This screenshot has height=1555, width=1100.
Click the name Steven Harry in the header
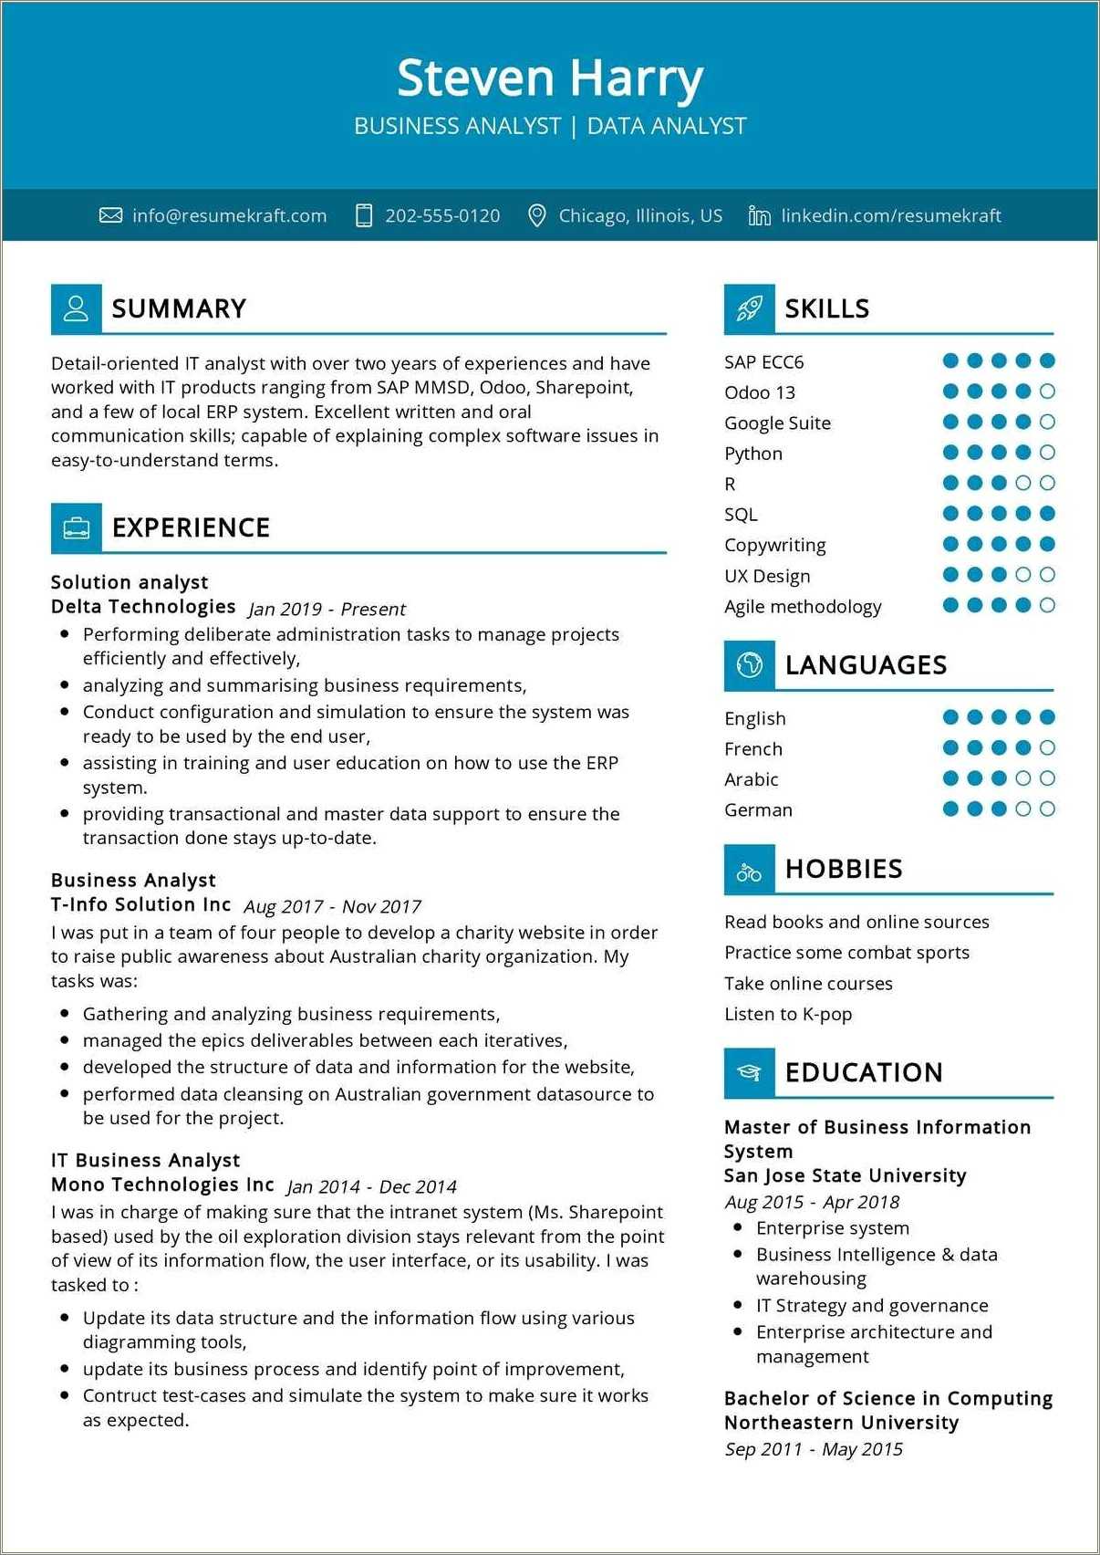pyautogui.click(x=550, y=78)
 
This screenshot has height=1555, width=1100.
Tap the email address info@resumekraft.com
pyautogui.click(x=229, y=216)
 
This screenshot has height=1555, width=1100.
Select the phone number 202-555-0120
pyautogui.click(x=442, y=216)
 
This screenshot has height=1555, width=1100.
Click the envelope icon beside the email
pyautogui.click(x=110, y=216)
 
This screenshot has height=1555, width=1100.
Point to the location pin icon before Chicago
pyautogui.click(x=537, y=216)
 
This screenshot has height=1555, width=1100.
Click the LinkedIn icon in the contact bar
pyautogui.click(x=759, y=216)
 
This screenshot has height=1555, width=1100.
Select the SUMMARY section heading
pyautogui.click(x=179, y=309)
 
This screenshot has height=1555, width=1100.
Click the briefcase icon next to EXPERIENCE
pyautogui.click(x=77, y=528)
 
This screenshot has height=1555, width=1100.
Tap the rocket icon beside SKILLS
pyautogui.click(x=749, y=309)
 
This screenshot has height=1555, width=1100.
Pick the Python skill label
pyautogui.click(x=753, y=454)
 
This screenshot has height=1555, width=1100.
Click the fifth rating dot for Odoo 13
pyautogui.click(x=1047, y=391)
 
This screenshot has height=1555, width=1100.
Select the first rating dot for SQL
pyautogui.click(x=950, y=514)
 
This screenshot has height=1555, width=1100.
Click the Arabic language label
pyautogui.click(x=752, y=779)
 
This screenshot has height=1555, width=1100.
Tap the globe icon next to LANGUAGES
pyautogui.click(x=749, y=665)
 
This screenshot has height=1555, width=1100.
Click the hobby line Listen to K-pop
pyautogui.click(x=788, y=1014)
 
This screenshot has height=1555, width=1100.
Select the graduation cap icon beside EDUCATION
pyautogui.click(x=749, y=1073)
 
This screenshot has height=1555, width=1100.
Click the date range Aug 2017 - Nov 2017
pyautogui.click(x=332, y=906)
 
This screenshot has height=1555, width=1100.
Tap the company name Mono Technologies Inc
pyautogui.click(x=162, y=1185)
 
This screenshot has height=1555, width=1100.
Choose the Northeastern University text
pyautogui.click(x=841, y=1423)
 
